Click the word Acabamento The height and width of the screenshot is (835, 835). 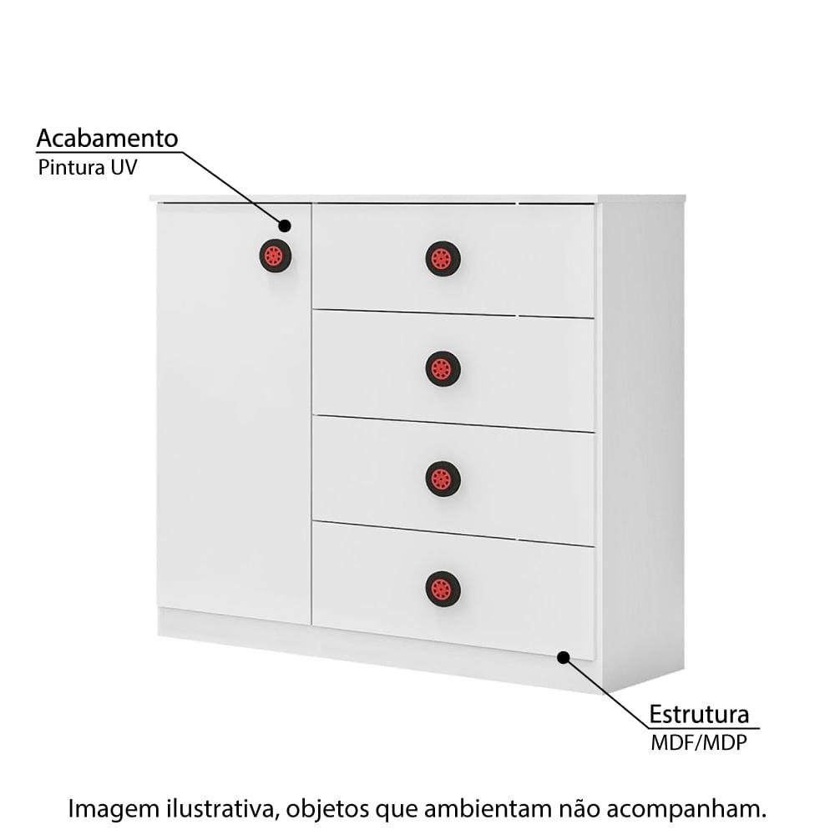point(107,139)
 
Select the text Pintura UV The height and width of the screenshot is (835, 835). point(88,167)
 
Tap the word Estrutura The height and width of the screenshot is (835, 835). point(699,714)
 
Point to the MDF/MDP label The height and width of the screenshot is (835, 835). point(699,742)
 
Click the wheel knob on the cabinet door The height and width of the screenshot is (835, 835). point(276,256)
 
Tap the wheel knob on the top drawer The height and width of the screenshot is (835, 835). point(443,259)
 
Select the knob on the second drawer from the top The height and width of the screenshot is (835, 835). point(443,368)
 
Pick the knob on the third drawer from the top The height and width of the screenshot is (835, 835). point(443,478)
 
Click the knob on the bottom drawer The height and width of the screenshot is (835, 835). point(443,589)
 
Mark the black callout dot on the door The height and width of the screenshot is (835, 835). point(285,225)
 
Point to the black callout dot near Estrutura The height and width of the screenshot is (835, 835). point(564,657)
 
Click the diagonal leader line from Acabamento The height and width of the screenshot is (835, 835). point(234,189)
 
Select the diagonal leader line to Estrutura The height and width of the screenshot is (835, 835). point(606,692)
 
